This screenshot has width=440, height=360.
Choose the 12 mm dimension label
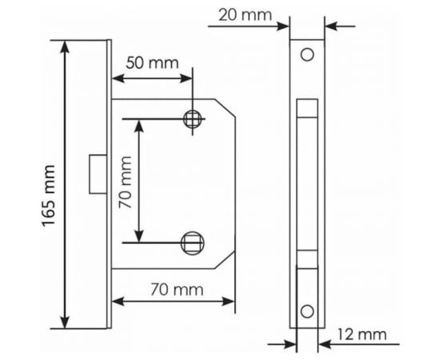click(x=364, y=334)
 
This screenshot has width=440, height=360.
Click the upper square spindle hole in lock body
click(x=192, y=119)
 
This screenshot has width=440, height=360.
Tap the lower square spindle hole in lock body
click(x=192, y=240)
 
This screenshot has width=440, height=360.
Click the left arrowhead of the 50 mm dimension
click(x=115, y=78)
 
